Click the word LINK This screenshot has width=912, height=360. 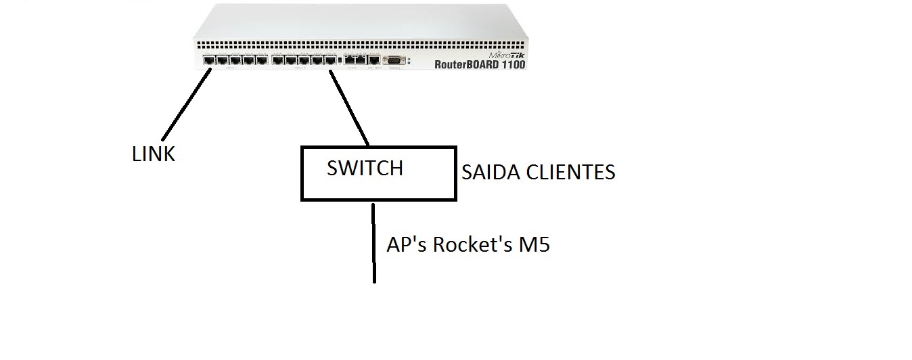coord(154,154)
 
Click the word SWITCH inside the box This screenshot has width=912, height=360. coord(365,168)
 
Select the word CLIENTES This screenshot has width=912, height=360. coord(575,173)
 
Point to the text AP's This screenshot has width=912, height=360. coord(407,244)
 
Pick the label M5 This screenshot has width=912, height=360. coord(534,244)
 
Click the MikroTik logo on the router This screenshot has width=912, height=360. coord(506,53)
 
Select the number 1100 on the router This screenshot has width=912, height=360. coord(510,65)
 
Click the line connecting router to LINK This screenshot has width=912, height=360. coord(184,102)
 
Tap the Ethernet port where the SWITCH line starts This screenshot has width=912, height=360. coord(330,60)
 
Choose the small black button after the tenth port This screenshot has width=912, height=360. coord(339,61)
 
